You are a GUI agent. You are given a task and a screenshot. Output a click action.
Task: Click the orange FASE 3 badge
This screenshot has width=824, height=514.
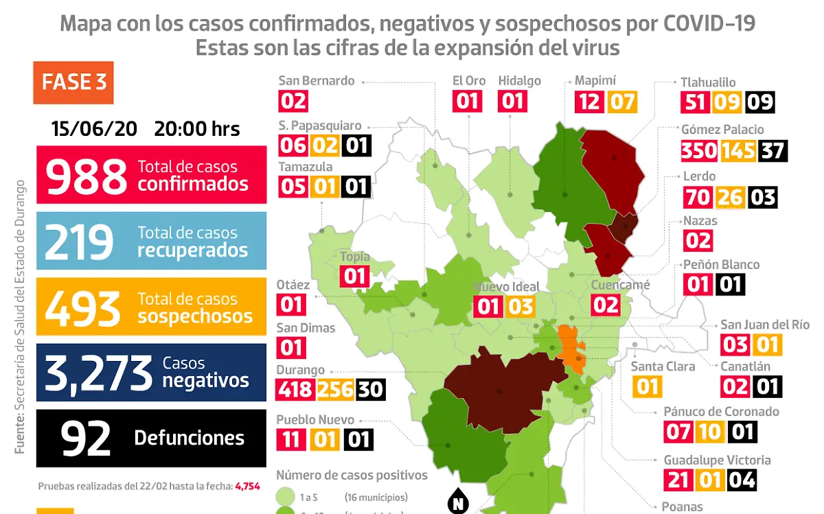tap(73, 82)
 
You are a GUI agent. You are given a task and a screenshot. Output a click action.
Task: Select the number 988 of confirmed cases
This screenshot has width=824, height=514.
tap(87, 175)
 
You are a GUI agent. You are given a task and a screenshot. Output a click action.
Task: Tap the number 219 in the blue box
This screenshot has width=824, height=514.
tap(79, 242)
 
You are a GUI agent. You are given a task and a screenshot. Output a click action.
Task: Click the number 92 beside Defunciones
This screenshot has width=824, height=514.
tap(86, 439)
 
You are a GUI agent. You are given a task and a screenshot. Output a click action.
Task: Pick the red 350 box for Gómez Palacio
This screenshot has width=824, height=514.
tap(699, 150)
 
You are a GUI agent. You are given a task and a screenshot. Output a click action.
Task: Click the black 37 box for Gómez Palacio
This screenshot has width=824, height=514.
tap(772, 150)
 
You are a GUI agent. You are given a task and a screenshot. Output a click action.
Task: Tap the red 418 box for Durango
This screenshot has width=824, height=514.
tap(295, 390)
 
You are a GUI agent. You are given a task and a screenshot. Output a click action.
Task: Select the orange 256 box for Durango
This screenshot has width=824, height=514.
tap(334, 390)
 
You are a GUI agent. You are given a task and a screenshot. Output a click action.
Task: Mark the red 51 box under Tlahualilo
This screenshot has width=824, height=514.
tap(694, 102)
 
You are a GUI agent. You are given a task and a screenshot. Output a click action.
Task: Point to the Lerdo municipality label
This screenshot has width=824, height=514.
tap(699, 176)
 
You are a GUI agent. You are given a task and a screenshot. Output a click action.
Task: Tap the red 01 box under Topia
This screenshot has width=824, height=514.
tap(355, 277)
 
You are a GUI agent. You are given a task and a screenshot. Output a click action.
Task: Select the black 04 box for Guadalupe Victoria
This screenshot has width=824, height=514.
tap(741, 479)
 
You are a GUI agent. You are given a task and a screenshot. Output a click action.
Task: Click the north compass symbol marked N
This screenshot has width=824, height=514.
tap(457, 503)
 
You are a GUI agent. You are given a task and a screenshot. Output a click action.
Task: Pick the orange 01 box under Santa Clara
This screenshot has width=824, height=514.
tap(647, 386)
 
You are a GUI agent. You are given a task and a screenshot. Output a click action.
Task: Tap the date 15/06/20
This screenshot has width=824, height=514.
tap(94, 128)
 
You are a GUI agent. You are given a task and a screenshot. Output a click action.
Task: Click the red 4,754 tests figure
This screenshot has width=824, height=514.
tap(247, 486)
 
